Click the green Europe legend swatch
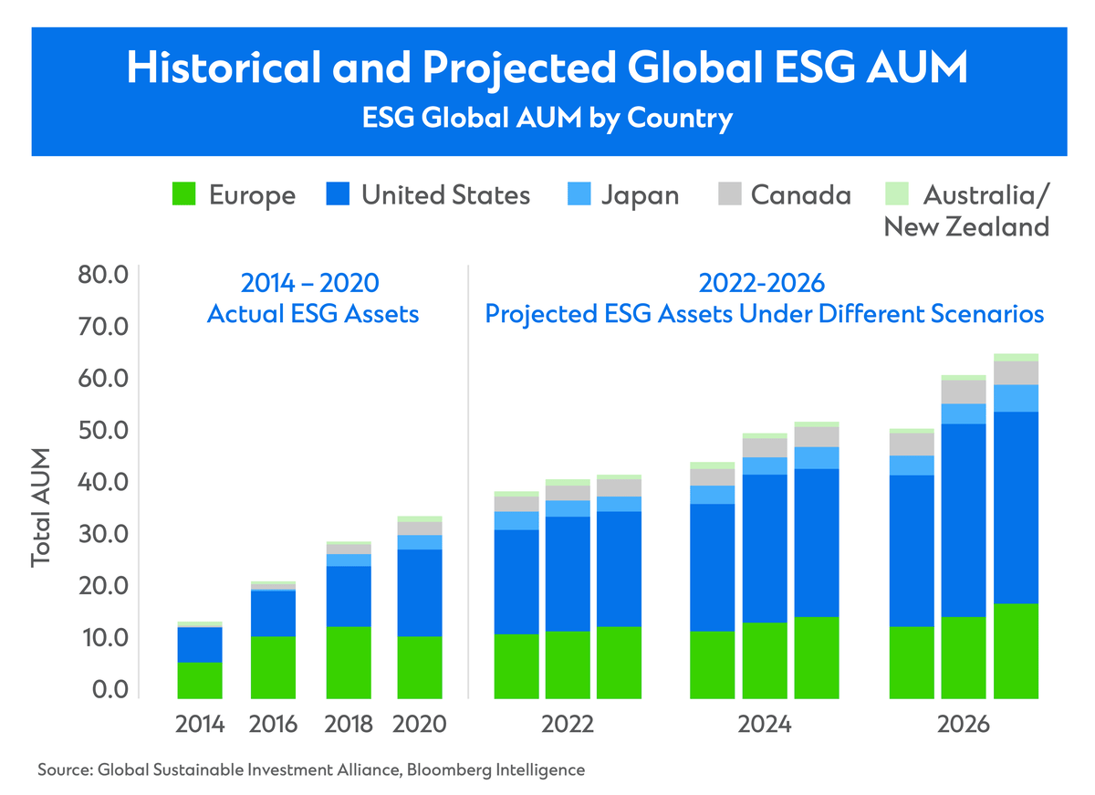pos(185,194)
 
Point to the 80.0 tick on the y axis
pos(109,275)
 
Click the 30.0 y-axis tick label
pos(109,533)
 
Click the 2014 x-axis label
pos(200,725)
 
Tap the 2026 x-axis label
pos(964,725)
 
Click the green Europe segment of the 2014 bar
pos(200,680)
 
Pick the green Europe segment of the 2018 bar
pos(349,662)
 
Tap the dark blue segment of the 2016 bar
pos(274,613)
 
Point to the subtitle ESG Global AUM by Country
pos(547,120)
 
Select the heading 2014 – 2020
pos(313,282)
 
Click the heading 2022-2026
pos(765,282)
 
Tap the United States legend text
pos(445,194)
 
